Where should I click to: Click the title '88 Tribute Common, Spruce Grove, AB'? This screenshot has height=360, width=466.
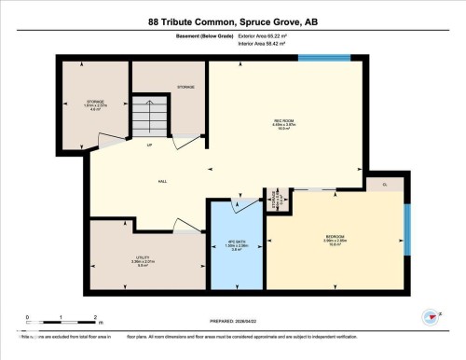click(x=232, y=21)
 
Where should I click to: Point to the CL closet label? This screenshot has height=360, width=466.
click(x=385, y=185)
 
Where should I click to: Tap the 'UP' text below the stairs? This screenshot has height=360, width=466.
click(x=148, y=145)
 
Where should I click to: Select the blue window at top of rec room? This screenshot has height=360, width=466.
click(x=324, y=58)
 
